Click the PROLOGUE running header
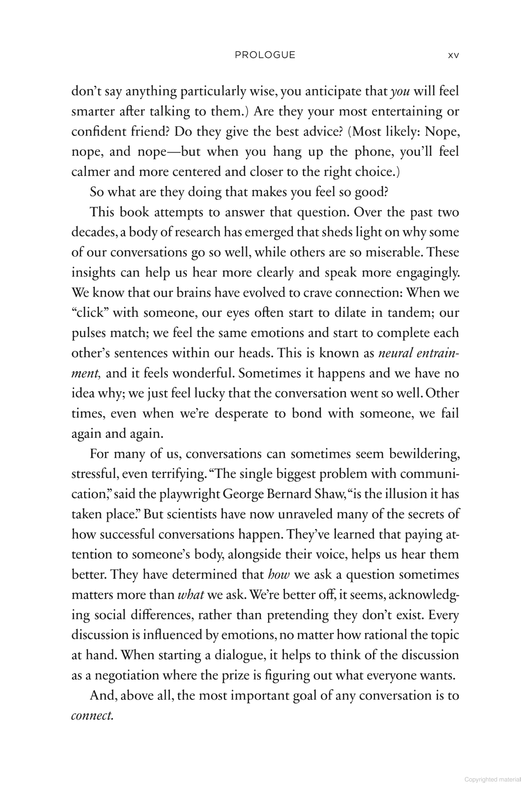265,55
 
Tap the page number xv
453,56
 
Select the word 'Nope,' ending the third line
442,132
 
